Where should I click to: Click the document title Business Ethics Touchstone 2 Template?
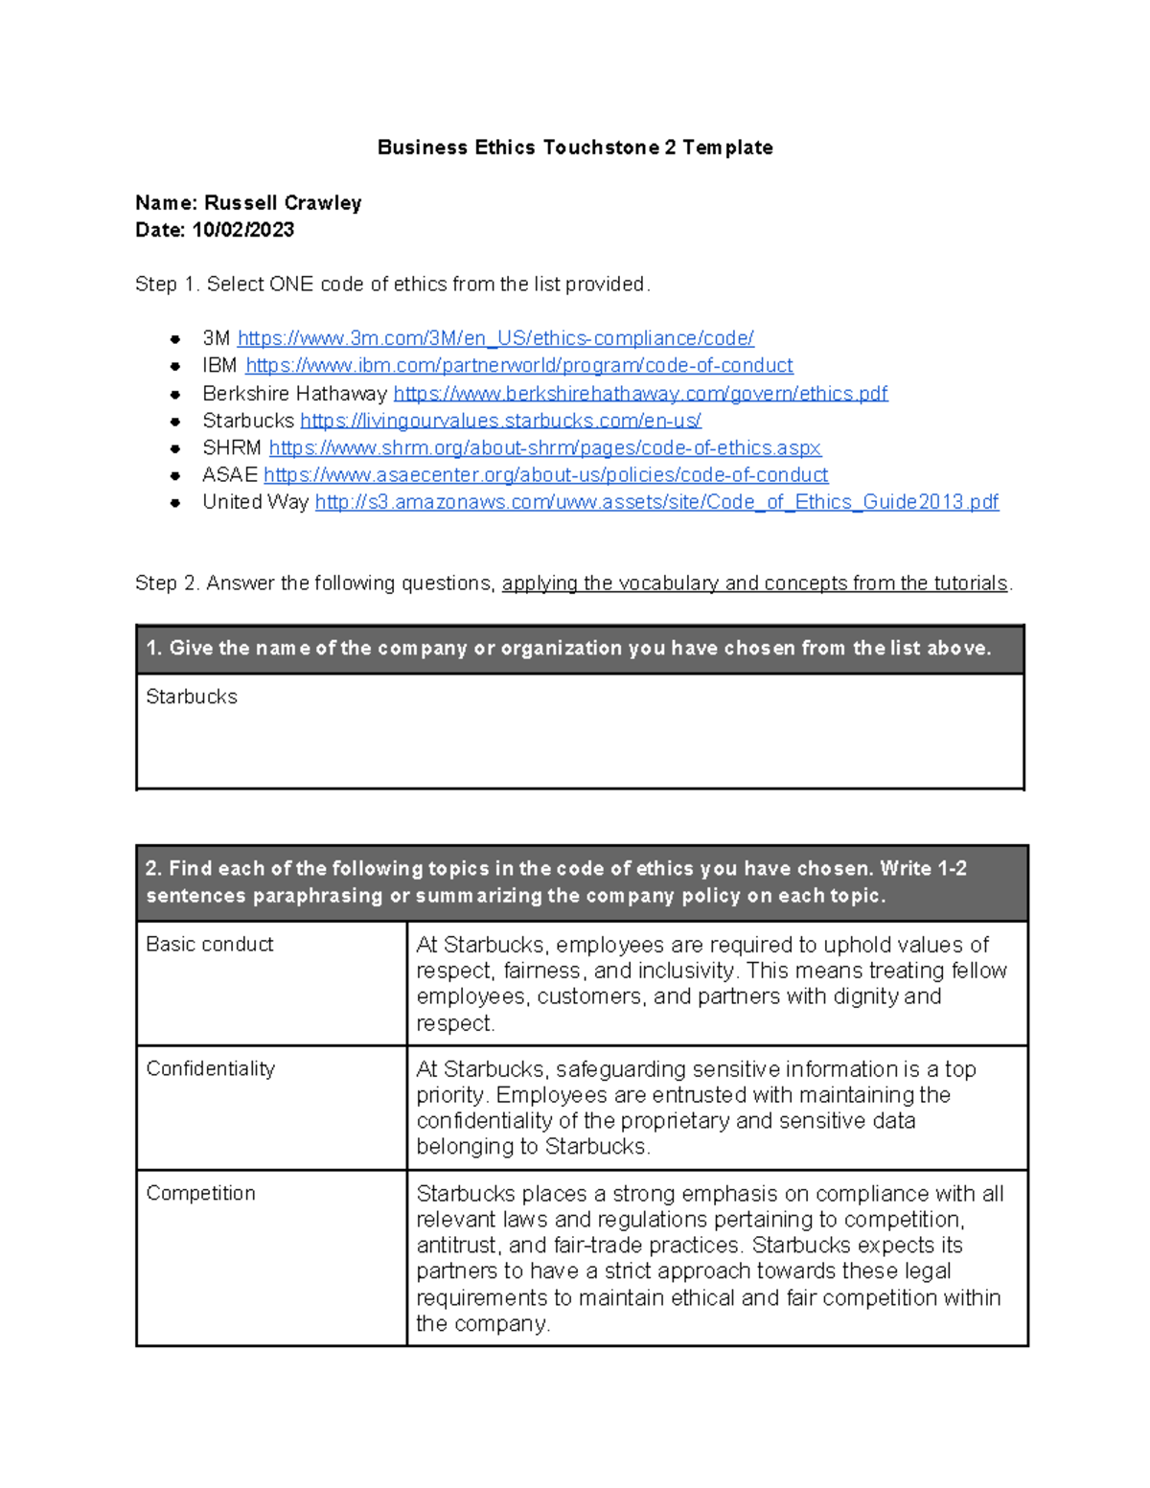(575, 148)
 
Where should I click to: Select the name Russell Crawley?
(283, 203)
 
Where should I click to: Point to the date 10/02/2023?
(243, 230)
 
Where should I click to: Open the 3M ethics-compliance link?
(495, 338)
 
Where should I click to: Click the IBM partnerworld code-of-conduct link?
(518, 366)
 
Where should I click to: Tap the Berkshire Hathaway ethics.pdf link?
(640, 394)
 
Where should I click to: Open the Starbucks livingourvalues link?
(500, 421)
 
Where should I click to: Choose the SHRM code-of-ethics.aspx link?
(544, 447)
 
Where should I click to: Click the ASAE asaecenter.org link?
(545, 475)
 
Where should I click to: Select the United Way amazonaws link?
(656, 502)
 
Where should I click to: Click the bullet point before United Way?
(175, 503)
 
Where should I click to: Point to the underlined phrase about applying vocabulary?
(754, 584)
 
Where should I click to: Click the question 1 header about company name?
(568, 649)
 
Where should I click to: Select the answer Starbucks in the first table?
(192, 697)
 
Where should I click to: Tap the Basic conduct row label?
(209, 945)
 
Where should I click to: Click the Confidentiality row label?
(210, 1069)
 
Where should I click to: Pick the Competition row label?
(200, 1194)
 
